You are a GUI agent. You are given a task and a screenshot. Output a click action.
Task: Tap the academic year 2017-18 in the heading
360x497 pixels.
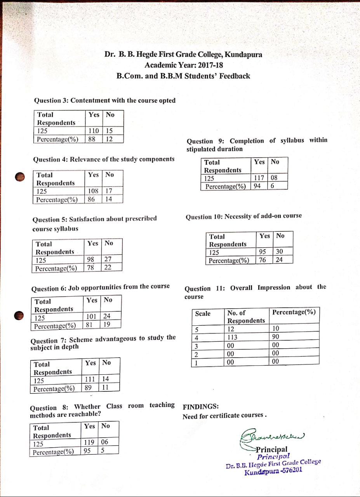[x=210, y=65]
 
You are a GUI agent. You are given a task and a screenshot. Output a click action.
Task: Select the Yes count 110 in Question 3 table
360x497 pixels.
[x=94, y=131]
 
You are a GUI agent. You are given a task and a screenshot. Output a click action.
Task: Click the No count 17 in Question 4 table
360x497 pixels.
[x=109, y=191]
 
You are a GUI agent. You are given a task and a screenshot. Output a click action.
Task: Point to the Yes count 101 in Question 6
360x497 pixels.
[x=91, y=316]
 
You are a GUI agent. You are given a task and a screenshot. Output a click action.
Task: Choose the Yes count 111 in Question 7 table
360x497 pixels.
[x=90, y=379]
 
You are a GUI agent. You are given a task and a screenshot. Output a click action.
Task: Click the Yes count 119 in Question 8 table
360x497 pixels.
[x=89, y=442]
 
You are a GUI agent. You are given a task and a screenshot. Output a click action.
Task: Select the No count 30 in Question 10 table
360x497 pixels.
[x=279, y=252]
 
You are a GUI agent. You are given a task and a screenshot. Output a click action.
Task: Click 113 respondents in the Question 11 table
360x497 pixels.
[x=232, y=337]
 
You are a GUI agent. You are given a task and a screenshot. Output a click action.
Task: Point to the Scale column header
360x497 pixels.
[x=203, y=314]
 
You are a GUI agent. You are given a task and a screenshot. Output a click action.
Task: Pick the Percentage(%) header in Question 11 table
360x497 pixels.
[x=294, y=312]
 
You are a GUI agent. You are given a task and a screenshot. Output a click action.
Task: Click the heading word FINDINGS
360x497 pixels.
[x=200, y=407]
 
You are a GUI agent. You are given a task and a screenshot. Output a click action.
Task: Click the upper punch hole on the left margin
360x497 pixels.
[x=19, y=177]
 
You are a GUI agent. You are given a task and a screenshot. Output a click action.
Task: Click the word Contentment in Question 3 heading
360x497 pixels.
[x=90, y=101]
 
